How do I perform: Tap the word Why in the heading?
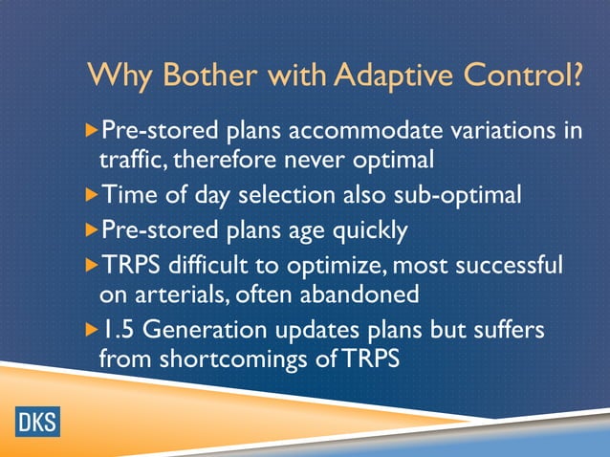(x=118, y=76)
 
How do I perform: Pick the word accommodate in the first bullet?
(x=366, y=130)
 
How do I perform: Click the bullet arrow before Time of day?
(x=92, y=195)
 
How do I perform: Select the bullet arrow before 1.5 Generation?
(x=92, y=328)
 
